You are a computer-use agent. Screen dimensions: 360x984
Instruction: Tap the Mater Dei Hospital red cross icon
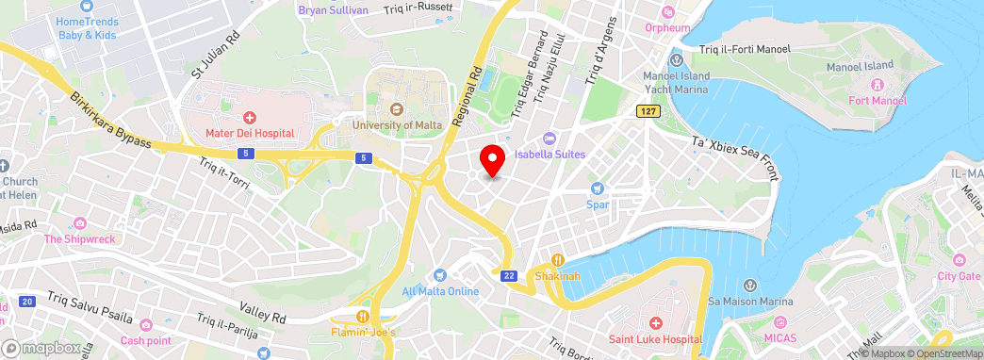[250, 118]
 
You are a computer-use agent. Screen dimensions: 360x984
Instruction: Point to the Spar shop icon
[597, 188]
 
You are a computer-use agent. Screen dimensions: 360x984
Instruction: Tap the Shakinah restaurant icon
[557, 260]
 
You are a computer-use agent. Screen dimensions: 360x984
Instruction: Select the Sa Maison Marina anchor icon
[750, 286]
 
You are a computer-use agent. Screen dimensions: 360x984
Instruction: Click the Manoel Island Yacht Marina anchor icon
[676, 61]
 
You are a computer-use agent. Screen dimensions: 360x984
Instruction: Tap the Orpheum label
[668, 27]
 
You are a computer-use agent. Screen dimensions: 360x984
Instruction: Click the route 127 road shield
[645, 111]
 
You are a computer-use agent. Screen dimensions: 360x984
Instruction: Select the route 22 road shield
[509, 275]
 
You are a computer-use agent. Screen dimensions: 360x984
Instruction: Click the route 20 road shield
[26, 302]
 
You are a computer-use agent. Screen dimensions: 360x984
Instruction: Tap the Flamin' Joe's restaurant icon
[363, 317]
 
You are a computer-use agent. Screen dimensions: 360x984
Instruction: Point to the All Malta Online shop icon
[439, 274]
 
